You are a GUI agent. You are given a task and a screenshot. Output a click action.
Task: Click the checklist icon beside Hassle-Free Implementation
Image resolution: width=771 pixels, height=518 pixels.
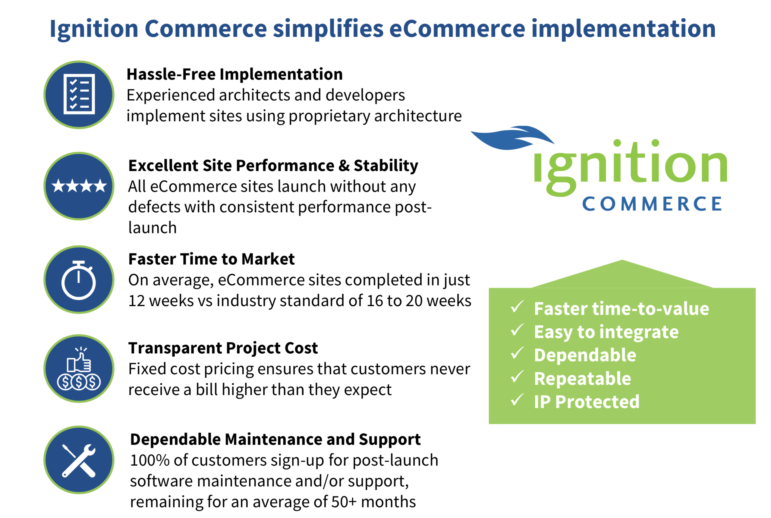[x=79, y=94]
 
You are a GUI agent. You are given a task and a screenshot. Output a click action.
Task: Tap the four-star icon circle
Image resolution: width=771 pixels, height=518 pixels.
[x=79, y=186]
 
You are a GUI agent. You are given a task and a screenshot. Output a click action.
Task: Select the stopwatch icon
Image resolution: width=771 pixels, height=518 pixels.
[x=79, y=280]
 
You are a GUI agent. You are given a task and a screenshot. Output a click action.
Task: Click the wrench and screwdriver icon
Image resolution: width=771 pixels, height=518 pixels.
[x=79, y=460]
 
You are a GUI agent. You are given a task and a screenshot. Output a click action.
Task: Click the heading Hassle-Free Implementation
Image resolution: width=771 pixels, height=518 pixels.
[x=235, y=74]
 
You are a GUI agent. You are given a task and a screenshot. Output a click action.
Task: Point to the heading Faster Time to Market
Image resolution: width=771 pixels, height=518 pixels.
[x=211, y=259]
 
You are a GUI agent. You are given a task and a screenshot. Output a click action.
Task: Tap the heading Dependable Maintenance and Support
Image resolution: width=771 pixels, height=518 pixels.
[x=275, y=440]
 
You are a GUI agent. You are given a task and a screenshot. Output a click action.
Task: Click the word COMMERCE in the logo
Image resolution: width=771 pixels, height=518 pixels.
[x=652, y=204]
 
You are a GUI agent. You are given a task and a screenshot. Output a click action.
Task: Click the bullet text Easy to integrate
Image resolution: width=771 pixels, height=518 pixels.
[x=606, y=332]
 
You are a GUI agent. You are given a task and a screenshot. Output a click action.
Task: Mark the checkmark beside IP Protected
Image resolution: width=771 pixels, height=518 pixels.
[x=517, y=400]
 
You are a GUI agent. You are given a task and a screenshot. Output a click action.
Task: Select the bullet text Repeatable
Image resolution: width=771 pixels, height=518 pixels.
[x=582, y=379]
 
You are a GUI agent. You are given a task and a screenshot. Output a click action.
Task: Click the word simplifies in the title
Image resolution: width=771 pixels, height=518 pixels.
[x=328, y=29]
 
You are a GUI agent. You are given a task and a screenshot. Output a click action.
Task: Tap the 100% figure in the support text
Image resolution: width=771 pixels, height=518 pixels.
[x=149, y=460]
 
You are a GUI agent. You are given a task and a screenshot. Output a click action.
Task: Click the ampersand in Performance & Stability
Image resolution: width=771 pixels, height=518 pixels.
[x=344, y=166]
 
